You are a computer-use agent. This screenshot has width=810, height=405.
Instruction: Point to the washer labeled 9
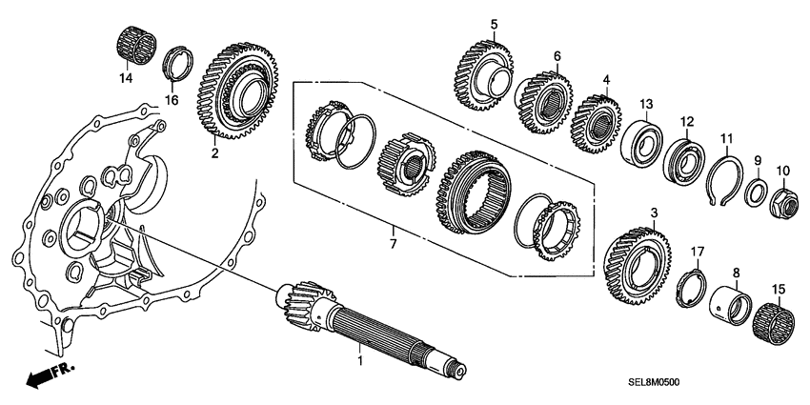(x=753, y=192)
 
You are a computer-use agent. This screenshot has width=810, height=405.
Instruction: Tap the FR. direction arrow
(x=41, y=378)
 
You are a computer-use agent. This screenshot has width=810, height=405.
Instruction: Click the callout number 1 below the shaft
(x=359, y=361)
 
